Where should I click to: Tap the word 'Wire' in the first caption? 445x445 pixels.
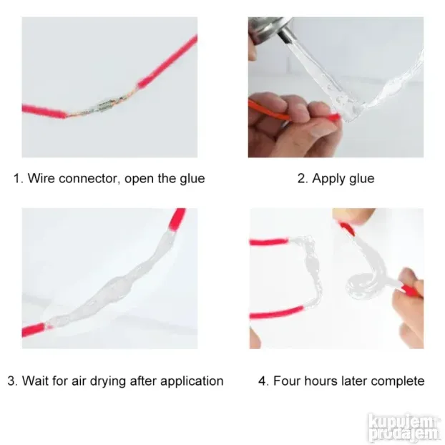click(41, 178)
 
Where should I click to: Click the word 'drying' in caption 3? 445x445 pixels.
click(108, 381)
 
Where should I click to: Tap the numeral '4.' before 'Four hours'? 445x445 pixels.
click(264, 381)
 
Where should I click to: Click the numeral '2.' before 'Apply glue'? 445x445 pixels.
click(303, 179)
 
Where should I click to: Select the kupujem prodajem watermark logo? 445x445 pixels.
click(404, 428)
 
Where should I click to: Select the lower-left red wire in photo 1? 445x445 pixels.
click(44, 112)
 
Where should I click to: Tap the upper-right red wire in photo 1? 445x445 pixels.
click(168, 61)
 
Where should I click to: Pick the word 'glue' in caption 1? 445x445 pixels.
click(192, 179)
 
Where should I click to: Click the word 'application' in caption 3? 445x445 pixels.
click(192, 381)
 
